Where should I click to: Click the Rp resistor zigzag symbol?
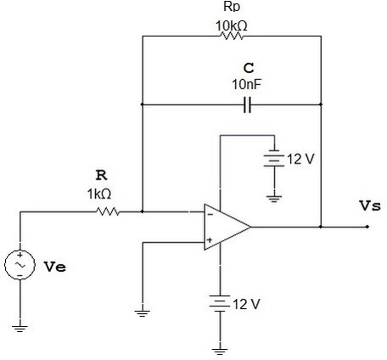coord(232,36)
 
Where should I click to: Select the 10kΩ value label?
coord(232,26)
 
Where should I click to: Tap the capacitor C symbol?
coord(247,104)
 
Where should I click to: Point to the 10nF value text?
coord(246,84)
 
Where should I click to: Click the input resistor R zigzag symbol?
coord(108,211)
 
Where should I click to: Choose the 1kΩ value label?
coord(99,194)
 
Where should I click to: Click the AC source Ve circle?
coord(20,265)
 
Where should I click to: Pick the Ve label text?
coord(55,267)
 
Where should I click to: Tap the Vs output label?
coord(370,205)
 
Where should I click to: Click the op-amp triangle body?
coord(227,227)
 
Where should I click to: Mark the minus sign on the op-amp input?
coord(210,215)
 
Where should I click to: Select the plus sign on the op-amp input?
coord(210,240)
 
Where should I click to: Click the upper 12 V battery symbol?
coord(274,158)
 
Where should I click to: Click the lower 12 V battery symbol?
coord(220,303)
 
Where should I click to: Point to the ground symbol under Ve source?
coord(20,329)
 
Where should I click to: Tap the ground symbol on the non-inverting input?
coord(143,313)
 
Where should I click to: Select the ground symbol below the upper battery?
coord(274,199)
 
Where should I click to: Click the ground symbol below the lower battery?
coord(220,352)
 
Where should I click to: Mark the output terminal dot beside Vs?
coord(367,227)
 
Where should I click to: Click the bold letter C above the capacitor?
coord(249,68)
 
